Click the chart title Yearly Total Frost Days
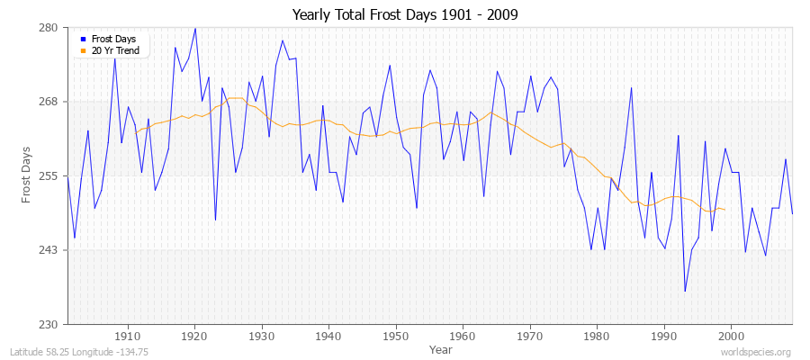[404, 15]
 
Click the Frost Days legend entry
[113, 39]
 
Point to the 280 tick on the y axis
[49, 28]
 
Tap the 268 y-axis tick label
[49, 102]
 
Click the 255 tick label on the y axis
[49, 175]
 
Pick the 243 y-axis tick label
[49, 250]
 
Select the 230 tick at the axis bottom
[49, 324]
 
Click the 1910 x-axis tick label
[128, 336]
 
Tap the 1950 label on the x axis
[396, 336]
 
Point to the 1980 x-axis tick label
[597, 336]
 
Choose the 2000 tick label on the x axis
[731, 336]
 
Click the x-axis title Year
[441, 348]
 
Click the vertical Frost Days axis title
[27, 175]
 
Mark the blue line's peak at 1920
[195, 28]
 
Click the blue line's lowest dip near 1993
[685, 291]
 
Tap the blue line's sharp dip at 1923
[215, 220]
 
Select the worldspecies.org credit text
[755, 352]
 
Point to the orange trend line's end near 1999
[724, 210]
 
